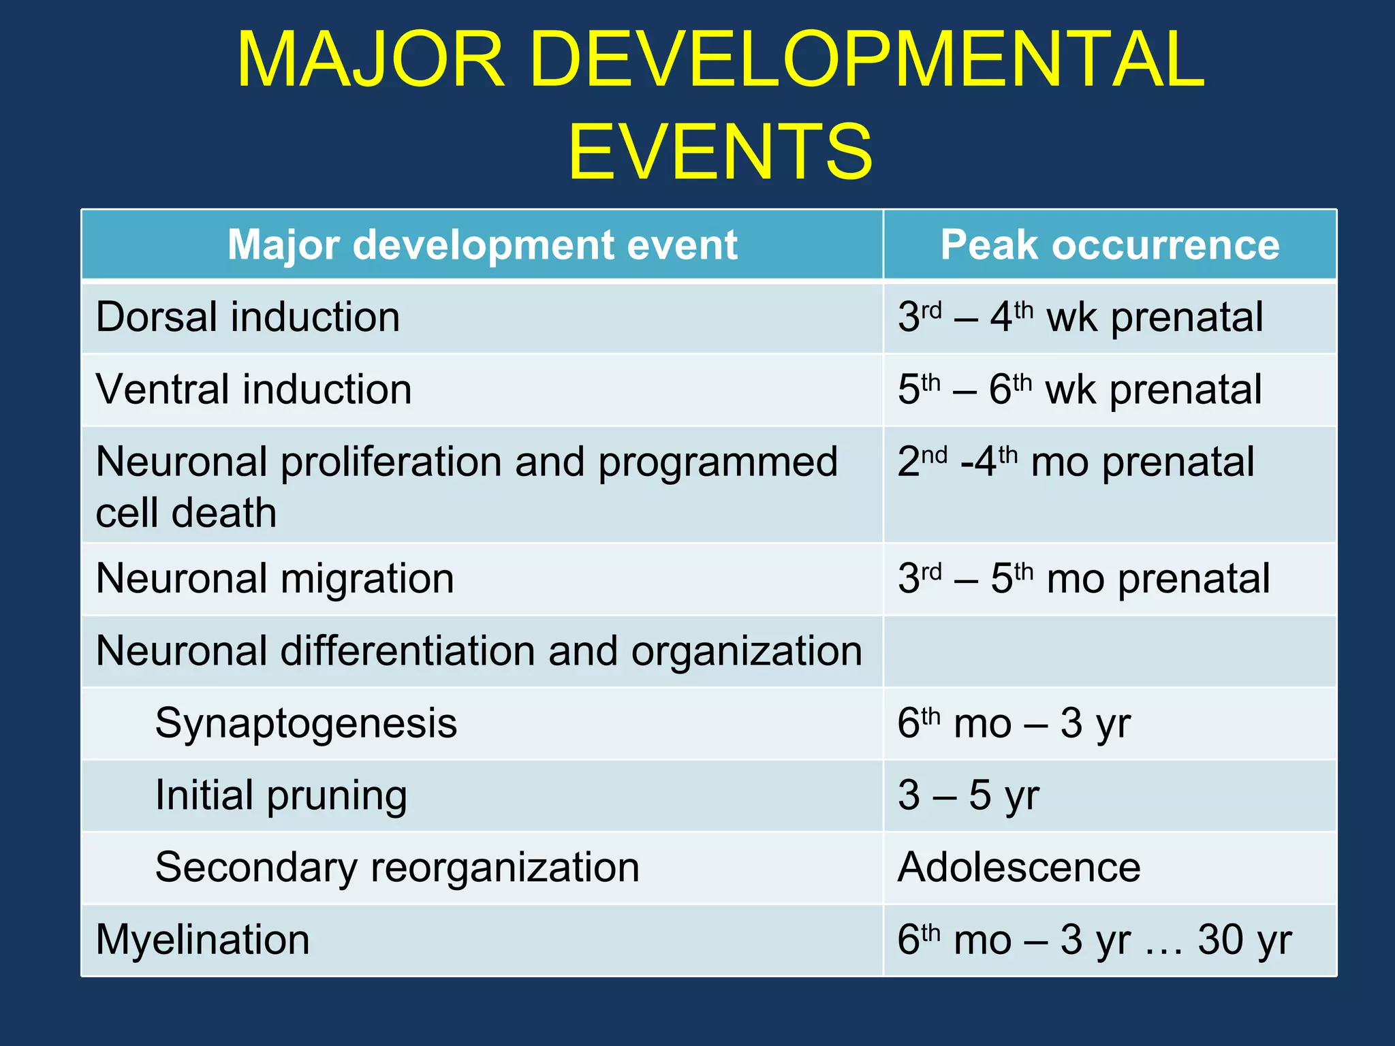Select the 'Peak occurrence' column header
pos(1110,244)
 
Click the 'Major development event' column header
pos(482,244)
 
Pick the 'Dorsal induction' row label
pos(248,317)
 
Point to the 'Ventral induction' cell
pos(253,390)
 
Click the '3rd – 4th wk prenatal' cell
pos(1080,317)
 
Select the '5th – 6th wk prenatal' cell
pos(1079,390)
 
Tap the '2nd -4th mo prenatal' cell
pos(1075,462)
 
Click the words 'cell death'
pos(186,513)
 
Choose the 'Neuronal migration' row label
pos(275,579)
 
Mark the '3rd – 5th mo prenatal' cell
pos(1083,579)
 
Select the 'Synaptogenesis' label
pos(306,723)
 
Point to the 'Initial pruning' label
pos(281,795)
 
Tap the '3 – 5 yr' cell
pos(968,795)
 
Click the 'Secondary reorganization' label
pos(397,868)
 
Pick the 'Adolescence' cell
pos(1018,868)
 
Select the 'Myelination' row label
pos(202,940)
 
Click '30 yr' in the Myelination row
pos(1244,940)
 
